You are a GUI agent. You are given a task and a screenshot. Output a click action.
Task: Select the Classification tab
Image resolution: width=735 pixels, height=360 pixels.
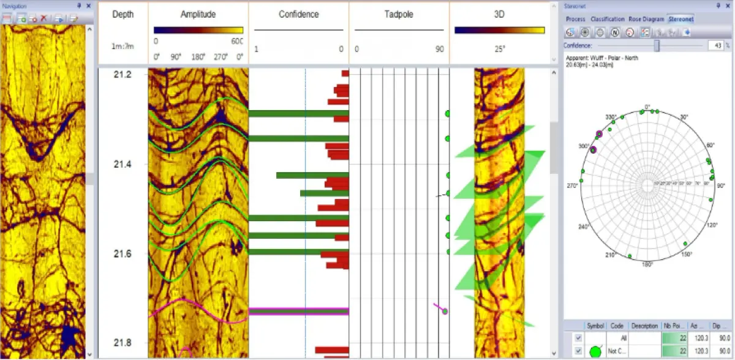[x=608, y=19]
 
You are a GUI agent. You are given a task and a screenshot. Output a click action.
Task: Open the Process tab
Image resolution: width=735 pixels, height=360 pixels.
[x=576, y=19]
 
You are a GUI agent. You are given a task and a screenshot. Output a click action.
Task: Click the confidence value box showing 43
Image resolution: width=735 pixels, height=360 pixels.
[x=715, y=45]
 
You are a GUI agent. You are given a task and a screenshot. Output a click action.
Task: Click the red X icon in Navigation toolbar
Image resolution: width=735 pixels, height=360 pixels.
[x=43, y=18]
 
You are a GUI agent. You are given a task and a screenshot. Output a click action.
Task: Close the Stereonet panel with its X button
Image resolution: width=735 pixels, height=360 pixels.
[x=728, y=6]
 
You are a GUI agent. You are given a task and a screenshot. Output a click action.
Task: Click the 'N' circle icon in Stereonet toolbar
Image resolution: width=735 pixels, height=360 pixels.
[x=614, y=32]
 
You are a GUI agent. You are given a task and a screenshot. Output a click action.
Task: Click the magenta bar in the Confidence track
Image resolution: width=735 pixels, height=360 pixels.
[x=298, y=311]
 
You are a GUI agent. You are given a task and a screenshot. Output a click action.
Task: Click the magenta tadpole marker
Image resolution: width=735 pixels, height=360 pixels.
[x=445, y=311]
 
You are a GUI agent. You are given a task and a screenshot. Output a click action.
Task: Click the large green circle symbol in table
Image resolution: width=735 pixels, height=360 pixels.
[x=594, y=351]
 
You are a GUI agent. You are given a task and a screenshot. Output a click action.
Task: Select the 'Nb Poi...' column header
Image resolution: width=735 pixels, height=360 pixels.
[x=673, y=326]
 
